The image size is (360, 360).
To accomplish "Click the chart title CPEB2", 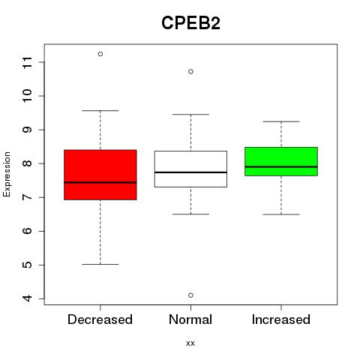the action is tap(190, 23).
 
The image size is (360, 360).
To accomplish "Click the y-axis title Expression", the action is tap(7, 174).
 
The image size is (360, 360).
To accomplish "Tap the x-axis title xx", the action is tap(190, 343).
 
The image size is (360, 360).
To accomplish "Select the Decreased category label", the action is tap(100, 319).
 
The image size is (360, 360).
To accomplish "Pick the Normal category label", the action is tap(190, 319).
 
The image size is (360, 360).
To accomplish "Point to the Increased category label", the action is tap(281, 319).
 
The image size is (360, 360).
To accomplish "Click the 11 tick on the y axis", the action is tap(28, 62).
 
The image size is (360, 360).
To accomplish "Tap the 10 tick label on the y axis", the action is tap(28, 96).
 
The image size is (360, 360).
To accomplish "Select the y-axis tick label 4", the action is tap(28, 298).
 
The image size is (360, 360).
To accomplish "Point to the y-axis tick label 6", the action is tap(28, 231).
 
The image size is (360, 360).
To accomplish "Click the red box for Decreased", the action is tap(100, 175).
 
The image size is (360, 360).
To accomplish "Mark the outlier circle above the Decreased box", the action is tap(100, 54).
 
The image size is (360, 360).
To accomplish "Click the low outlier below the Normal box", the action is tap(190, 295).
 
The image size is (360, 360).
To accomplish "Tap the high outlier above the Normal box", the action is tap(190, 72).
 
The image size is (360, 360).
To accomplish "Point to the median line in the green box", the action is tap(281, 166).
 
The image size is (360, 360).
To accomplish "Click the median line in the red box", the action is tap(100, 182).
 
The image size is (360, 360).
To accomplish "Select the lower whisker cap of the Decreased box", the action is tap(100, 264).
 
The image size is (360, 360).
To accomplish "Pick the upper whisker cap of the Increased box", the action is tap(281, 121).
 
